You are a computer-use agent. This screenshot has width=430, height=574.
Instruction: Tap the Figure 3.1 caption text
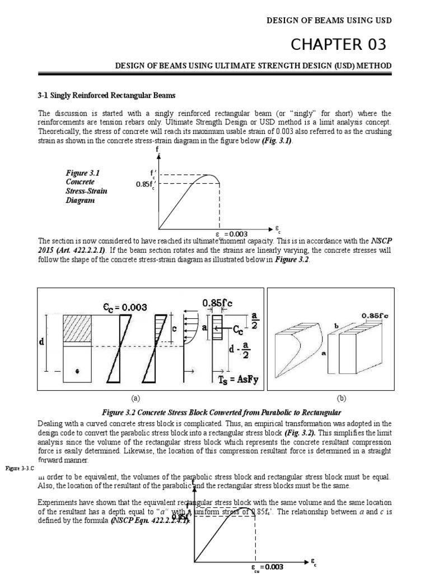87,186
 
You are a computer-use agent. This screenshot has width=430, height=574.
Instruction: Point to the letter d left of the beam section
41,342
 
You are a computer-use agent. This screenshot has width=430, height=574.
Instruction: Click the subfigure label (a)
134,399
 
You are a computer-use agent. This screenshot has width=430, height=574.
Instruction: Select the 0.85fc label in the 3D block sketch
375,316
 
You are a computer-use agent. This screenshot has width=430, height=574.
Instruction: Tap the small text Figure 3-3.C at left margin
19,466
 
